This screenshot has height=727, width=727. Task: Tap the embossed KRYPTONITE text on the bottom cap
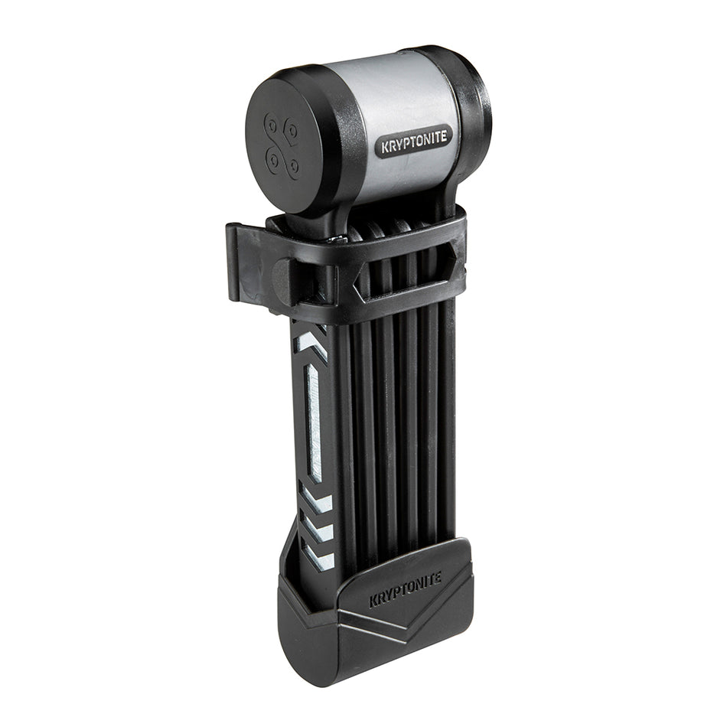click(406, 590)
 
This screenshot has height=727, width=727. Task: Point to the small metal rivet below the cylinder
click(334, 239)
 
